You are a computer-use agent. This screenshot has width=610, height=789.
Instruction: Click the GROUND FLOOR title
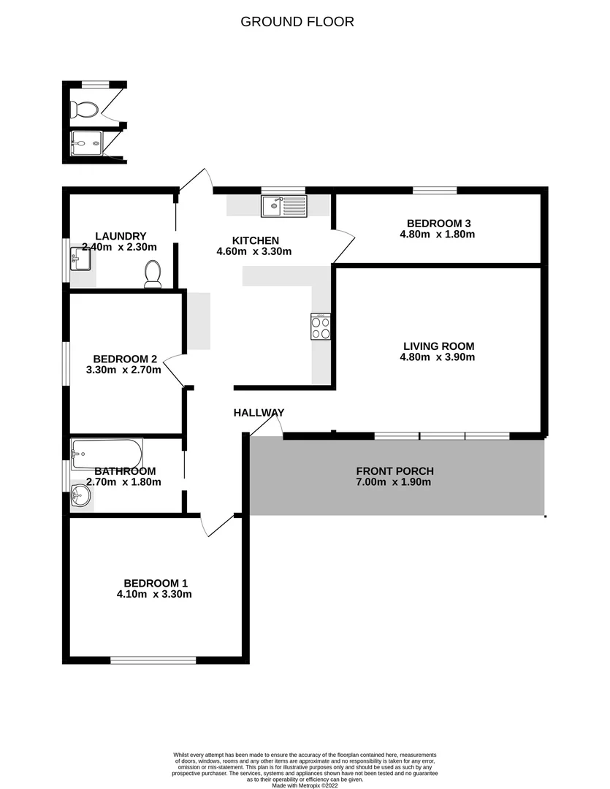pyautogui.click(x=297, y=22)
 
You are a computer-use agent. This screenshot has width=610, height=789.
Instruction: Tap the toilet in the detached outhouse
pyautogui.click(x=85, y=110)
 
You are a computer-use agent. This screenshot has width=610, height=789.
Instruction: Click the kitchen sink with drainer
pyautogui.click(x=284, y=206)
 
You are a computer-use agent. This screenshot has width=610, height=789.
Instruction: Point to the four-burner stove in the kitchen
pyautogui.click(x=321, y=326)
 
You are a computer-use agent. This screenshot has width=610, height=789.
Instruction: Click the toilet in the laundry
pyautogui.click(x=153, y=275)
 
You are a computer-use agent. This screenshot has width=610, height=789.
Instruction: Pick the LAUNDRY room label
pyautogui.click(x=115, y=236)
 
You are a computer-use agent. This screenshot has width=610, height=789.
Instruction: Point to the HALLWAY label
pyautogui.click(x=259, y=413)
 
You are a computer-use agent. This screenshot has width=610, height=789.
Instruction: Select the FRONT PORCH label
pyautogui.click(x=394, y=470)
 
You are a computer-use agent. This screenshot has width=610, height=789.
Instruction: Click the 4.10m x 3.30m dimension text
pyautogui.click(x=154, y=594)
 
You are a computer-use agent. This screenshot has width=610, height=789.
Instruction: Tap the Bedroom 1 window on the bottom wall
pyautogui.click(x=153, y=660)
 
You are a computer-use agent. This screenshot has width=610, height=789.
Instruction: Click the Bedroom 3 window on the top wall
pyautogui.click(x=435, y=191)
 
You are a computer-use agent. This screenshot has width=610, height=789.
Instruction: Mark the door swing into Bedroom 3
pyautogui.click(x=343, y=246)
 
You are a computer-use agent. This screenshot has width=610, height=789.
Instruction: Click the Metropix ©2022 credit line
pyautogui.click(x=305, y=785)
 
